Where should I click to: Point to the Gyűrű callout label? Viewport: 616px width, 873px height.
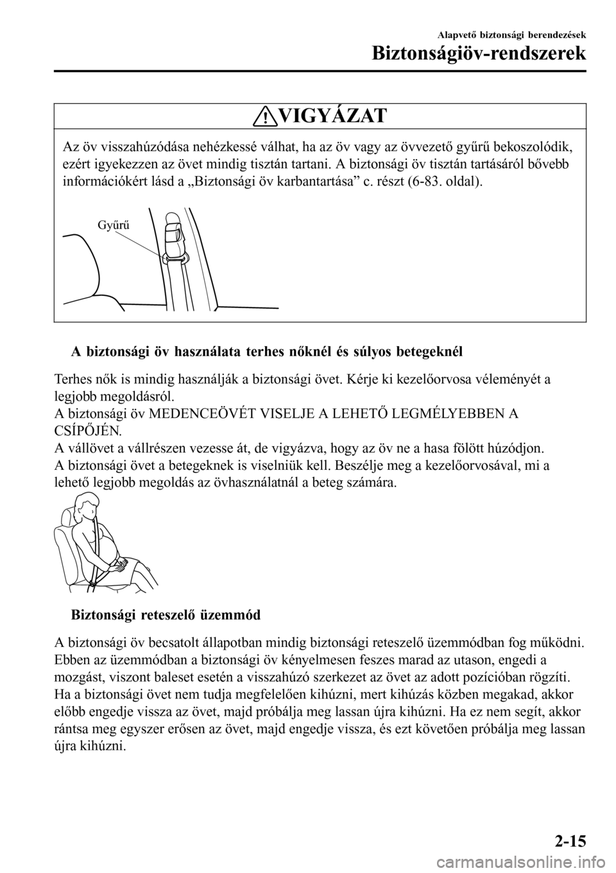[114, 225]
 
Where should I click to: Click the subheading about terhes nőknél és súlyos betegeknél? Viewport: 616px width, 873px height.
[266, 352]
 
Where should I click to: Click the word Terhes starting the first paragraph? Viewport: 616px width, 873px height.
[73, 379]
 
